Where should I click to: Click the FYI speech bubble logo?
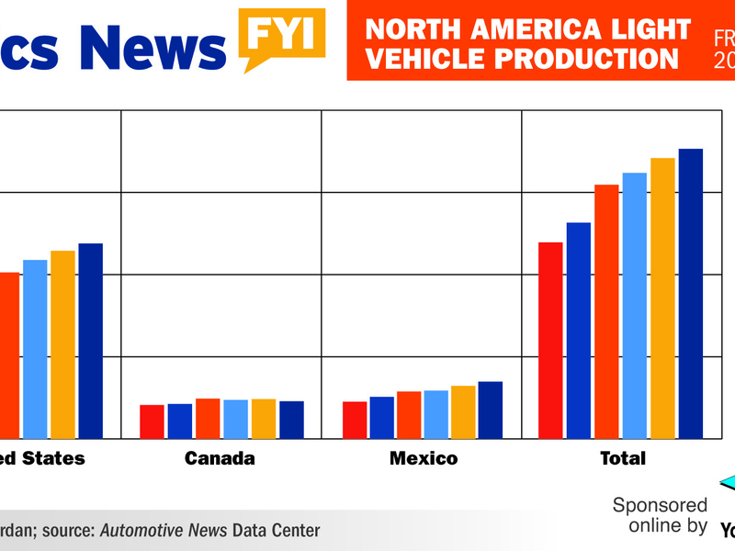pyautogui.click(x=284, y=35)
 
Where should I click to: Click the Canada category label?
pyautogui.click(x=220, y=458)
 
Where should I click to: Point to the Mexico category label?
pyautogui.click(x=424, y=458)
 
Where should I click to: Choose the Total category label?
pyautogui.click(x=623, y=458)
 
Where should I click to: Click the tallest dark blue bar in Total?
pyautogui.click(x=690, y=293)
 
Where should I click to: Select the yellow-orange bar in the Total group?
pyautogui.click(x=662, y=298)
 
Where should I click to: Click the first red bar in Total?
pyautogui.click(x=549, y=340)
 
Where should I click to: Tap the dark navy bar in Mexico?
pyautogui.click(x=491, y=410)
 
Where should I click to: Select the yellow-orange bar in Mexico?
pyautogui.click(x=463, y=411)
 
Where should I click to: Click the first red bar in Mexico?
pyautogui.click(x=355, y=420)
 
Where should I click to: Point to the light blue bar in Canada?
pyautogui.click(x=235, y=419)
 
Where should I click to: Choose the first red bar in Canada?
pyautogui.click(x=152, y=422)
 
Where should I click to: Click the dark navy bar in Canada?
pyautogui.click(x=291, y=420)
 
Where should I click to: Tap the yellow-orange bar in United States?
pyautogui.click(x=62, y=344)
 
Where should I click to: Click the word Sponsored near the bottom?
pyautogui.click(x=660, y=505)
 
